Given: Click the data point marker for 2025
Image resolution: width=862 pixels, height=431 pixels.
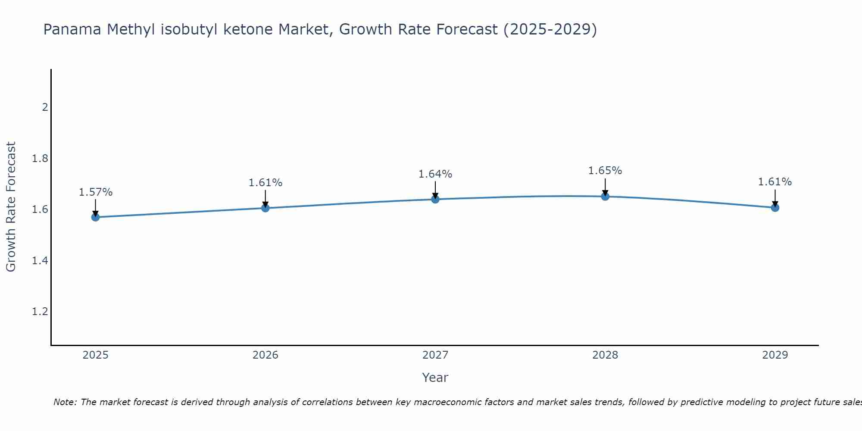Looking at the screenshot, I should pos(95,217).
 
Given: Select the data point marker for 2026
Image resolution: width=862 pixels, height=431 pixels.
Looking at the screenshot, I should pos(265,208).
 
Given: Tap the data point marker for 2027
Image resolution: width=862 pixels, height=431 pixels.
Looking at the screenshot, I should pos(435,199).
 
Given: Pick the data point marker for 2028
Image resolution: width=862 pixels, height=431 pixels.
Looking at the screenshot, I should pos(605,196).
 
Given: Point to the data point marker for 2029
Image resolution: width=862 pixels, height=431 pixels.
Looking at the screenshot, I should pos(775,207).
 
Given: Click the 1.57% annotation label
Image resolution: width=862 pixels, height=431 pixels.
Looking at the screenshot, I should pos(95,192).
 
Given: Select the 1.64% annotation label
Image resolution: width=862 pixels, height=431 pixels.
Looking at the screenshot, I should pos(435,174).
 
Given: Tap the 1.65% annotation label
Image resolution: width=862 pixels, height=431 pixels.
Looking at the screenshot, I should pos(605,171).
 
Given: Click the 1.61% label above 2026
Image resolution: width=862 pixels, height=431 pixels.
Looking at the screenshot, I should pos(265,183).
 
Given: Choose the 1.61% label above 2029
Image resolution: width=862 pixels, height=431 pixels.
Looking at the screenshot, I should pos(775,182).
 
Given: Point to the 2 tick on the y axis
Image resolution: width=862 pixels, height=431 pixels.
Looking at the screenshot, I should pos(45,107).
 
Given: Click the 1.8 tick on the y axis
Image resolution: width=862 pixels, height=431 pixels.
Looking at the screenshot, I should pos(40,159).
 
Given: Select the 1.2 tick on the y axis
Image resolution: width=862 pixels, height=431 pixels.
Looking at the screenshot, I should pos(40,312).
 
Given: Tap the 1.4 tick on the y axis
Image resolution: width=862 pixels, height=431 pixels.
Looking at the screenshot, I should pos(40,261).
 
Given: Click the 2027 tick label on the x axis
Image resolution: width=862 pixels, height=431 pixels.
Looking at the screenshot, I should pos(435,355).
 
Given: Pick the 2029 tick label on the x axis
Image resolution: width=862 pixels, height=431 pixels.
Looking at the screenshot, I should pos(775,355).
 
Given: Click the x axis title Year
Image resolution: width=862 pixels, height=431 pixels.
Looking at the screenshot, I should pos(435,378).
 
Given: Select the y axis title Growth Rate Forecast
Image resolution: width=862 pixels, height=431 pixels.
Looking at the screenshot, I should pos(11,207).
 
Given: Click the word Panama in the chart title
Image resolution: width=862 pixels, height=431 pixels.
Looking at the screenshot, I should pos(73,30).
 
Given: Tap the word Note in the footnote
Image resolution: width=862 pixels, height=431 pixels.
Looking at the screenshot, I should pos(65,402).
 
